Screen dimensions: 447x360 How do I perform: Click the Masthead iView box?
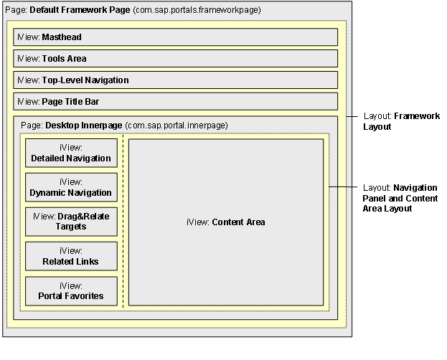coord(175,37)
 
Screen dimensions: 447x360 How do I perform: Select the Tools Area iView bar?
coord(175,58)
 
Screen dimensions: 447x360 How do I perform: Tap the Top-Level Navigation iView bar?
coord(175,80)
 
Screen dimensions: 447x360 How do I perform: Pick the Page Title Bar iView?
coord(175,101)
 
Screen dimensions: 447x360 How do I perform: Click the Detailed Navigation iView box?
coord(71,153)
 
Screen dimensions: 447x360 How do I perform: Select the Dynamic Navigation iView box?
coord(71,187)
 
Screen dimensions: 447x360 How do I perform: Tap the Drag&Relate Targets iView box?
coord(71,222)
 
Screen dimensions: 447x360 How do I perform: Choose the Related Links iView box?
coord(71,256)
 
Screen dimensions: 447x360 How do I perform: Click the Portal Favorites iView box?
coord(71,291)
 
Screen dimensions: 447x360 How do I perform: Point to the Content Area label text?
coord(226,222)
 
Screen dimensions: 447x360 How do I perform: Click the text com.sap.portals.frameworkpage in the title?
coord(197,10)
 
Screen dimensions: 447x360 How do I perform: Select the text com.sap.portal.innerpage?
coord(177,125)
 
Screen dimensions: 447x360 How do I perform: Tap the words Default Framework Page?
coord(80,10)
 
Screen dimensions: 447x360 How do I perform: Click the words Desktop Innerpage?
coord(84,125)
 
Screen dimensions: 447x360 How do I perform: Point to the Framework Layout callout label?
coord(401,121)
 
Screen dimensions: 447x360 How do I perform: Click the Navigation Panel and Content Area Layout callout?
coord(400,198)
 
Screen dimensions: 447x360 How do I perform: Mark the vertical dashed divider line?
coord(123,222)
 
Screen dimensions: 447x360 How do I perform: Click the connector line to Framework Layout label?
coord(352,116)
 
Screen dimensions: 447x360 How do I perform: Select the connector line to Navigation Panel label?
coord(343,187)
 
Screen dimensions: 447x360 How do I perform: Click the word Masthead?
coord(62,37)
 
